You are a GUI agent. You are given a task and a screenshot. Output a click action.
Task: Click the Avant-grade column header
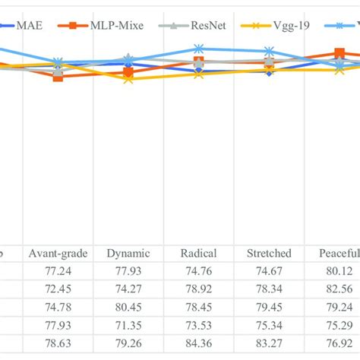(x=58, y=254)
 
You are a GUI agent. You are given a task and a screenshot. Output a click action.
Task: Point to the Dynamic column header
(x=128, y=254)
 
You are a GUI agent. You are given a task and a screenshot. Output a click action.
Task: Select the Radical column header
(x=198, y=254)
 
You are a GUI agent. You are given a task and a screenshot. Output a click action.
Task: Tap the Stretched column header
(x=269, y=254)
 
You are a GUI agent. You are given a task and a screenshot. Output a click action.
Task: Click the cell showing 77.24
(x=58, y=271)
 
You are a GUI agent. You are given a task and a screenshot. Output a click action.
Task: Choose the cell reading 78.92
(x=198, y=289)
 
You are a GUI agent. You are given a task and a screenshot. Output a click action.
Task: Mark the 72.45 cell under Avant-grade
(x=58, y=289)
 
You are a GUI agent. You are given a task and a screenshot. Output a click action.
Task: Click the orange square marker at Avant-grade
(x=58, y=76)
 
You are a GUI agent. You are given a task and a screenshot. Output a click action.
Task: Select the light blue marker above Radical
(x=198, y=49)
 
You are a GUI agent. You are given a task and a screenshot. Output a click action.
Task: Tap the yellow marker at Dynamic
(x=128, y=78)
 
